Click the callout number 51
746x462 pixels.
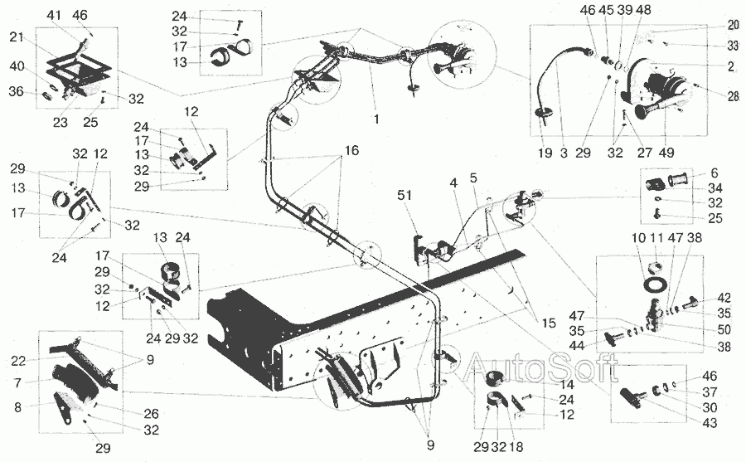tap(404, 195)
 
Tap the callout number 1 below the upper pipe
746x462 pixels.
tap(376, 119)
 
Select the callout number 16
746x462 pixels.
tap(351, 151)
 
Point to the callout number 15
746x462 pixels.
tap(549, 323)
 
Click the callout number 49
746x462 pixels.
tap(666, 153)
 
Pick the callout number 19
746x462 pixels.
tap(545, 153)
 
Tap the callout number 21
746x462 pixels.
tap(17, 36)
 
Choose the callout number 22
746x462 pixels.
tap(18, 362)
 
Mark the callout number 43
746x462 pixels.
tap(710, 422)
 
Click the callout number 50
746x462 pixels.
tap(724, 329)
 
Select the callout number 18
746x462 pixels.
tap(516, 447)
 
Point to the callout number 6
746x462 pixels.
tap(715, 173)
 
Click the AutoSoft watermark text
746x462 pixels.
tap(541, 367)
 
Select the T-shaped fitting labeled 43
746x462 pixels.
tap(631, 396)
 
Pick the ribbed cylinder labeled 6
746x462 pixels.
tap(678, 181)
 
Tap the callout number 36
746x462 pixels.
tap(17, 90)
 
